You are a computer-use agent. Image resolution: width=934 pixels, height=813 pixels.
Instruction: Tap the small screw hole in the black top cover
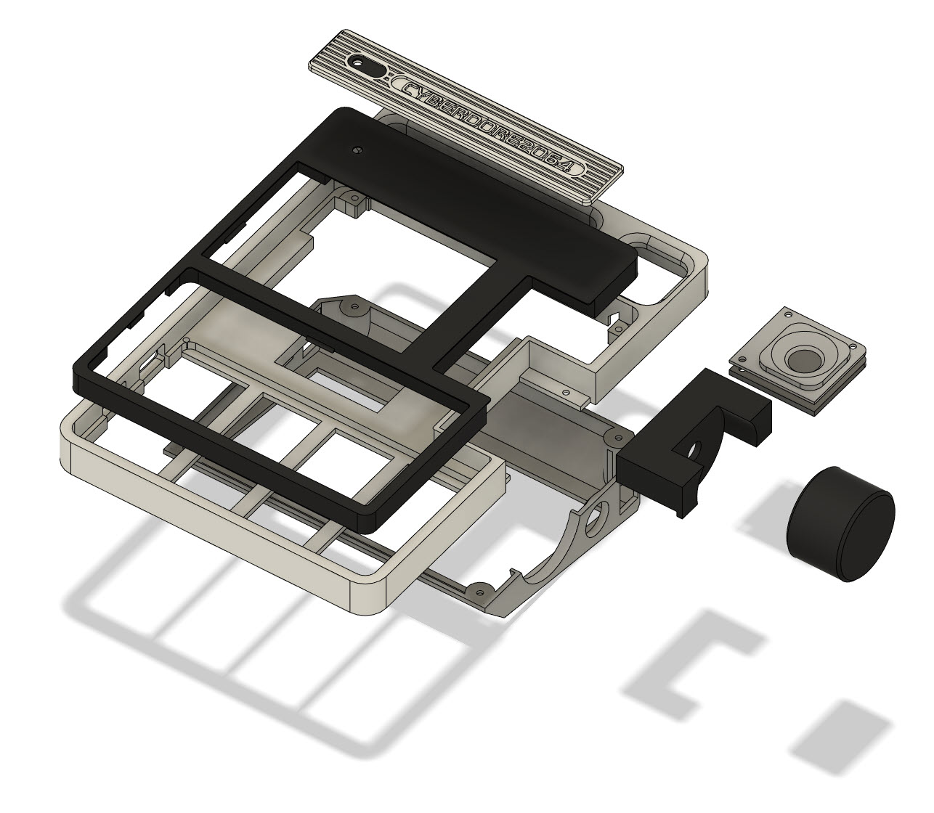coord(358,150)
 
